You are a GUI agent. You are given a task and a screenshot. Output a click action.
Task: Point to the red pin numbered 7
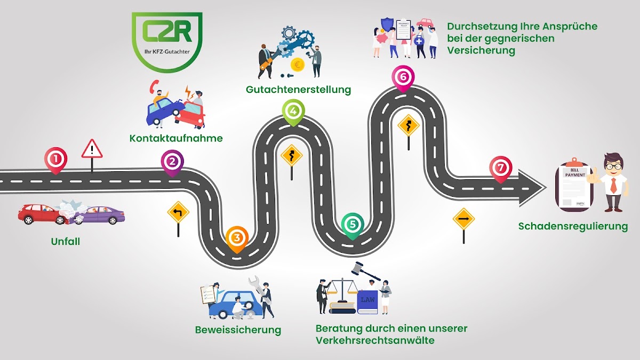tap(500, 168)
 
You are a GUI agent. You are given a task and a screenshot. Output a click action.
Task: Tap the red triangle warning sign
tap(92, 149)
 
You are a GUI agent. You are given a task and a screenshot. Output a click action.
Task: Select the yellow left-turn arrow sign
tap(178, 212)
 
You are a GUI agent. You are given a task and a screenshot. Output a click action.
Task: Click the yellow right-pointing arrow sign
tap(463, 219)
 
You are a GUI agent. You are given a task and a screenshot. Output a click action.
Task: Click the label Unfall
tap(65, 242)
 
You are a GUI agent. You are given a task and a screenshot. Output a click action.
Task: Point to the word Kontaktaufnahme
tap(176, 139)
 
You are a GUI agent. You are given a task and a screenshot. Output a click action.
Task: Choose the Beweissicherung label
tap(238, 330)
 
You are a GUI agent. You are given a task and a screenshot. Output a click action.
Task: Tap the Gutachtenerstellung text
tap(298, 90)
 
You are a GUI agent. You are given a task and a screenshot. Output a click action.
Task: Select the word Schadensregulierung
tap(573, 227)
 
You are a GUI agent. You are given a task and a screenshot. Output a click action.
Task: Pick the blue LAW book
tap(367, 302)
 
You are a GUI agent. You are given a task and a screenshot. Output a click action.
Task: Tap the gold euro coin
tap(297, 65)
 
